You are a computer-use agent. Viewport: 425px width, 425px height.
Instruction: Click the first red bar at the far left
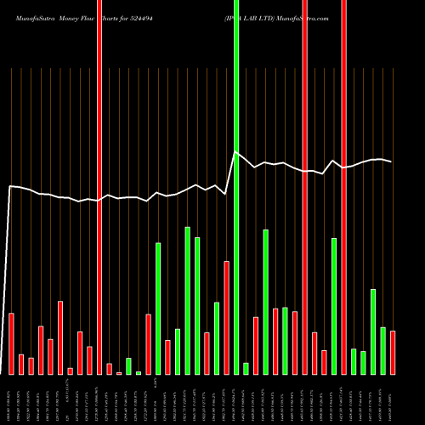coord(12,343)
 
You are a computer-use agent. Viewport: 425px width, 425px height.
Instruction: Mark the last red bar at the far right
coord(392,352)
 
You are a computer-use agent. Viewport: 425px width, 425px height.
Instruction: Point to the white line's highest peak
coord(235,152)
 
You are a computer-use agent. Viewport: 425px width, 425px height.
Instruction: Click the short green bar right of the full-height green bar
coord(246,368)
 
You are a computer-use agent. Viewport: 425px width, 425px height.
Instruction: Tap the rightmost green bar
coord(382,350)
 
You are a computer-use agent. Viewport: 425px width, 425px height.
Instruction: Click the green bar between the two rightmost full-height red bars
coord(334,306)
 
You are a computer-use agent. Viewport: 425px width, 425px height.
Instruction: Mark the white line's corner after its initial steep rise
coord(10,186)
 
